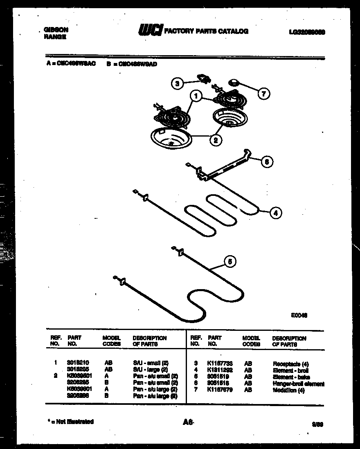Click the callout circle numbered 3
(177, 84)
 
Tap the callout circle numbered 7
(263, 94)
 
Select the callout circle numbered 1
(196, 97)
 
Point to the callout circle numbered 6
(267, 162)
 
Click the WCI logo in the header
(150, 31)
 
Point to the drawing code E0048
(300, 315)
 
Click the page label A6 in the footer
(188, 423)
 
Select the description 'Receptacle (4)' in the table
(291, 364)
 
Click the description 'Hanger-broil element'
(298, 384)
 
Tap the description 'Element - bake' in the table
(291, 377)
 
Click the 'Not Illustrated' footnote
(69, 422)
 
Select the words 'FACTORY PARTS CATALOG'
(206, 31)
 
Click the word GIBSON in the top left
(56, 29)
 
